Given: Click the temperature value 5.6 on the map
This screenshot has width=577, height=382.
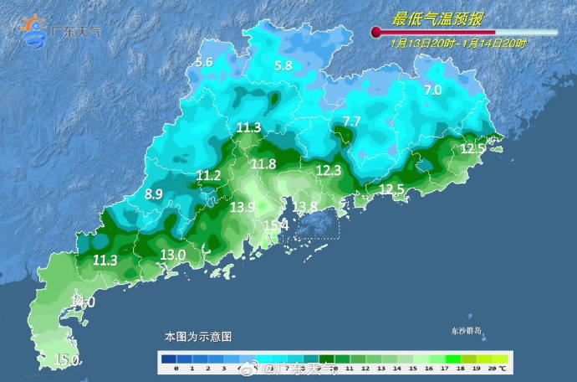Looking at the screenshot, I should point(204,63).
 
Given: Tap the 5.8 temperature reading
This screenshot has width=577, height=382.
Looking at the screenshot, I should point(283,65).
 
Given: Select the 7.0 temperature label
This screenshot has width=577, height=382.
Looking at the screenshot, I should point(432,90).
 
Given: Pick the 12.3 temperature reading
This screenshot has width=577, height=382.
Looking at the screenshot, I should point(329,170).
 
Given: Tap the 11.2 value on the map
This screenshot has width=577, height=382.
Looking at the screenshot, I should point(208,175).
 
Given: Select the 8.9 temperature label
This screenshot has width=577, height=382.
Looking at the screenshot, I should point(154,194).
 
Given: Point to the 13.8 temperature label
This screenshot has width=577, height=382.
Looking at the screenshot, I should point(304,207).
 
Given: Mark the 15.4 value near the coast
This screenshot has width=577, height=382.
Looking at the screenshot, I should point(275,225).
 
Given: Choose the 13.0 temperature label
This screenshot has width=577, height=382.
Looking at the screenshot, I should point(172,255).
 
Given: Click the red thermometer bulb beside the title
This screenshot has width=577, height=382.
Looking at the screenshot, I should point(376,33).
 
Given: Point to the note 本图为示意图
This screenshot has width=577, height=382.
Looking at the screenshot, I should point(197,336).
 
